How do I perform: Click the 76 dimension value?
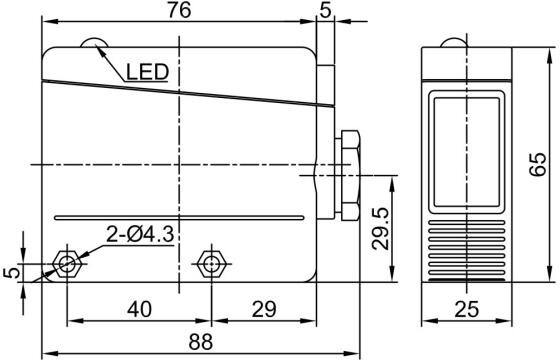[x=179, y=10]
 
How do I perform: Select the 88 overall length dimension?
[x=200, y=342]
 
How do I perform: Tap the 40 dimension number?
[x=139, y=309]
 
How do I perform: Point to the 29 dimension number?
[x=264, y=309]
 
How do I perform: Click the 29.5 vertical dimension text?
[x=380, y=229]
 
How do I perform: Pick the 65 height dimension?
[x=538, y=164]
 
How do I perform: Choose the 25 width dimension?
[x=466, y=309]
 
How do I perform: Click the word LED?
[x=147, y=72]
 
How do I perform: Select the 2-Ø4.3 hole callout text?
[x=140, y=235]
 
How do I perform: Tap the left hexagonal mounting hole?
[x=66, y=264]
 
